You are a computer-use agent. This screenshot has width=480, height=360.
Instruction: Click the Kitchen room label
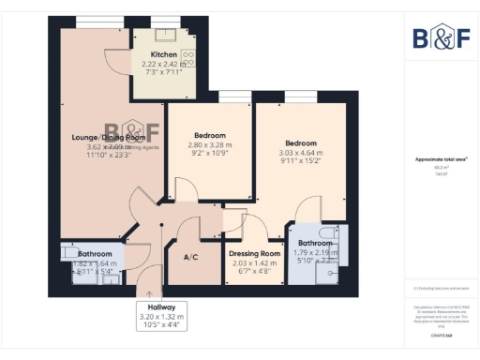point(164,55)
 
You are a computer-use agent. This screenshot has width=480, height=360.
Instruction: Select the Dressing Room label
point(255,254)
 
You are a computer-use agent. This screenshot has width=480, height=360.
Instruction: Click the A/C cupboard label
point(190,257)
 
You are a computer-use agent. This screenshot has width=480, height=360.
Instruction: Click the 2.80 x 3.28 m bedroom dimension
point(209,146)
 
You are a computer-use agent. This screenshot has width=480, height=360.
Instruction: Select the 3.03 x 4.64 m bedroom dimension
point(299,153)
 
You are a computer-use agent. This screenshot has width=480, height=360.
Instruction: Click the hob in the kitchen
point(187,57)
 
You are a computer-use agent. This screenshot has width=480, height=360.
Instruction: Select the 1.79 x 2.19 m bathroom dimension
point(314,253)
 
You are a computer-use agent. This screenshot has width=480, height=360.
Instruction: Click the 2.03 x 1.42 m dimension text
point(255,264)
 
